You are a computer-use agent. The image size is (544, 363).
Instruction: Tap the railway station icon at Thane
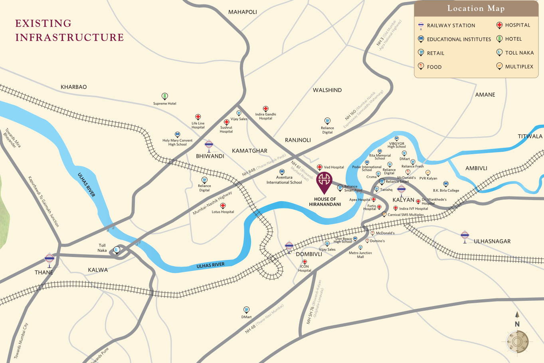click(x=49, y=259)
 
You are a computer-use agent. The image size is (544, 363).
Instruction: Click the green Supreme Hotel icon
click(x=164, y=96)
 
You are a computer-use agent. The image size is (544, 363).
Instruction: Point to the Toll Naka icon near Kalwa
click(x=117, y=250)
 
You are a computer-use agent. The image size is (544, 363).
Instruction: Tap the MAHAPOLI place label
click(x=243, y=12)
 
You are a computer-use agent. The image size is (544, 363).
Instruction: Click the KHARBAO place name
click(x=73, y=87)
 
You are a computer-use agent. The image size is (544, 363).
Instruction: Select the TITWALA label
click(x=530, y=136)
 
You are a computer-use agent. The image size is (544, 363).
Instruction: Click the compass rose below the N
click(x=517, y=341)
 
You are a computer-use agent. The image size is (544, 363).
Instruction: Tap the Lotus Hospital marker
click(x=223, y=206)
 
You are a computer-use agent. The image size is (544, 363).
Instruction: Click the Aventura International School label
click(x=284, y=180)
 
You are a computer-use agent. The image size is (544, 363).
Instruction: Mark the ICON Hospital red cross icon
click(x=305, y=262)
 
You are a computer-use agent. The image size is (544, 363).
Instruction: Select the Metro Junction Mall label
click(x=360, y=255)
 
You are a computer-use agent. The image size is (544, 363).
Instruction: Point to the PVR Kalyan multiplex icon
click(x=428, y=173)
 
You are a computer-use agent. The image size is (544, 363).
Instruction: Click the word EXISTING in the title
click(x=43, y=24)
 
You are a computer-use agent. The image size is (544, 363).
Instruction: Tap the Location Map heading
click(x=476, y=8)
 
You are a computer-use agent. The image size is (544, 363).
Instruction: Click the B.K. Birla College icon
click(x=446, y=184)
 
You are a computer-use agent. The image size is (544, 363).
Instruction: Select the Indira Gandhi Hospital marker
click(x=265, y=109)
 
